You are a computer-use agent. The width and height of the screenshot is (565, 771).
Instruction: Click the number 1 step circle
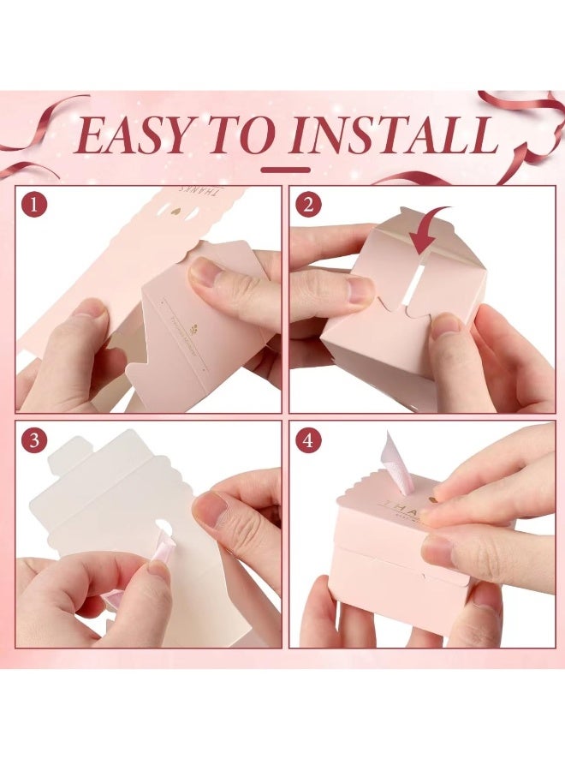(x=35, y=205)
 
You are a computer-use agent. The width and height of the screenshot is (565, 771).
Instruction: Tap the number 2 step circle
(x=308, y=205)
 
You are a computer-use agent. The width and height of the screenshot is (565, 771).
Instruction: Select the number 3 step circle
(x=35, y=440)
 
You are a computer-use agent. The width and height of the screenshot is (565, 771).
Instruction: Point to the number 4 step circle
(x=308, y=440)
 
